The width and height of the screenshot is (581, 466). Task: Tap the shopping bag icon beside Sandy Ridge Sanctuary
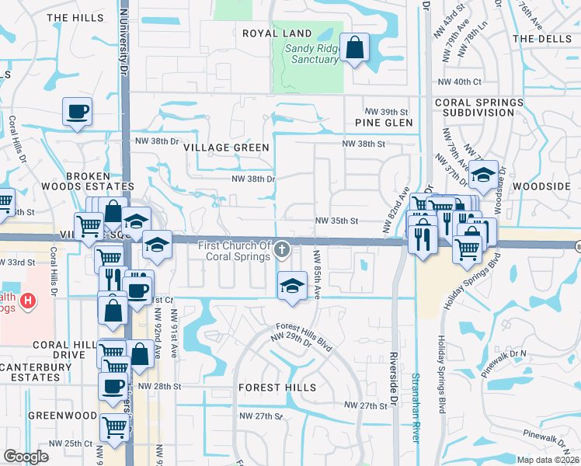click(355, 49)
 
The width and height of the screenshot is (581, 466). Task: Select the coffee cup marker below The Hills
click(77, 112)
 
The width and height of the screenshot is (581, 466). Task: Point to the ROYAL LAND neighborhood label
click(277, 33)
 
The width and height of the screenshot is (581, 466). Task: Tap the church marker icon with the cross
click(283, 249)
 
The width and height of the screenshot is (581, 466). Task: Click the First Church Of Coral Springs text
click(235, 252)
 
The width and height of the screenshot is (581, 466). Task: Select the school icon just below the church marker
click(292, 286)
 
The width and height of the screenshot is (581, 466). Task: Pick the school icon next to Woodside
click(483, 175)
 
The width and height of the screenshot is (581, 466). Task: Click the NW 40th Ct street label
click(460, 82)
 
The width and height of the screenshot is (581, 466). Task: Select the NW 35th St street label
click(336, 221)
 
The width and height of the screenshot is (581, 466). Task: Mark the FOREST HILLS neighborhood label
click(277, 387)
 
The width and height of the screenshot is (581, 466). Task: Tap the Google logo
click(26, 456)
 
